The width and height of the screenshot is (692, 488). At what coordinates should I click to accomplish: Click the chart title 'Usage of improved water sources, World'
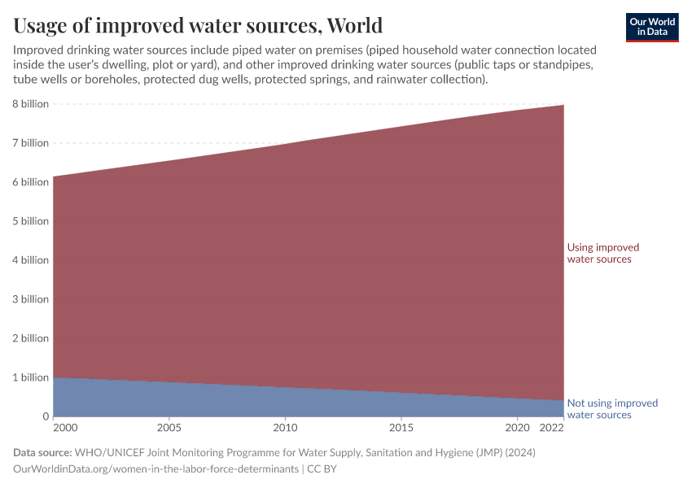pos(198,24)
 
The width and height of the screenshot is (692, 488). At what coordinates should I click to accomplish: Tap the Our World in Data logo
pos(652,27)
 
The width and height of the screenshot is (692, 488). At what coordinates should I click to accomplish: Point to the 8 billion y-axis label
pos(30,104)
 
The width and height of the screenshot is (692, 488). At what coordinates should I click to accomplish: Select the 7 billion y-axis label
pos(30,143)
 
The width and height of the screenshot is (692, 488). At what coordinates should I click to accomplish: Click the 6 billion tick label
pos(30,182)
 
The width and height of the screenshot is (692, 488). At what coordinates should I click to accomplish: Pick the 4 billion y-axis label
pos(30,260)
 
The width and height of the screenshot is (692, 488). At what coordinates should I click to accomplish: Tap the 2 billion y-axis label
pos(30,338)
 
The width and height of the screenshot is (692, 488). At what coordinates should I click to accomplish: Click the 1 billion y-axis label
pos(30,377)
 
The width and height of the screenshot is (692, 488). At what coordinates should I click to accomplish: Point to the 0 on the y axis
pos(46,416)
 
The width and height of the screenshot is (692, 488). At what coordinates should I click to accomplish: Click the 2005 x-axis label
pos(169,427)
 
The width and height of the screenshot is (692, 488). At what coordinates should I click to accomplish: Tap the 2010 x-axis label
pos(285,427)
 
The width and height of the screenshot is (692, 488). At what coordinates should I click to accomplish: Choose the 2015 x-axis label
pos(401,427)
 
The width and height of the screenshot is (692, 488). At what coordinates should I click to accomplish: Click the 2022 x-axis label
pos(551,427)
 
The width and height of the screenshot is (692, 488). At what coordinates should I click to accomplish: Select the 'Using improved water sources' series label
pos(602,253)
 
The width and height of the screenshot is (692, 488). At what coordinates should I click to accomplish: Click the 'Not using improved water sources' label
pos(611,409)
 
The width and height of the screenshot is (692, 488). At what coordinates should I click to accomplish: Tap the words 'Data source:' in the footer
pos(42,452)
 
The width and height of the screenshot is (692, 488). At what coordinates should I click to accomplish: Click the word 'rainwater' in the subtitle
pos(368,80)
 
